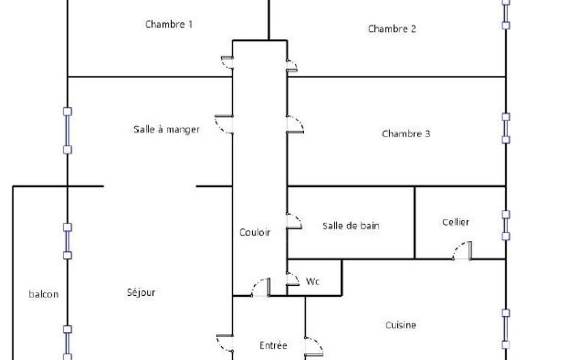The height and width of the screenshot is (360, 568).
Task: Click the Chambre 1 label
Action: tap(169, 24)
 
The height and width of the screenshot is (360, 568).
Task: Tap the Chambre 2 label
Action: tap(392, 29)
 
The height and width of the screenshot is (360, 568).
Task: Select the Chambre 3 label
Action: tap(406, 133)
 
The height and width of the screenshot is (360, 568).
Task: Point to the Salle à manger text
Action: tap(167, 129)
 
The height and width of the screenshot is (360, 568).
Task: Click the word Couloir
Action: tap(255, 232)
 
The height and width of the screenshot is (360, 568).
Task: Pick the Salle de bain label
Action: tap(351, 225)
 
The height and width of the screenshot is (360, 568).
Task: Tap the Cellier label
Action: tap(456, 222)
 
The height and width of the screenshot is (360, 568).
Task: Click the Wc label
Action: tap(313, 281)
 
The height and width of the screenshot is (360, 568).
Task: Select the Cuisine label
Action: tap(401, 325)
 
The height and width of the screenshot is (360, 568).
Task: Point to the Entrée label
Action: tap(274, 345)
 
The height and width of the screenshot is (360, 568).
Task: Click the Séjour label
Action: tap(141, 292)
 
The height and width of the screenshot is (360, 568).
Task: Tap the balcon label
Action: tap(43, 294)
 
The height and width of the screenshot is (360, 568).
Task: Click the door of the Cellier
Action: tap(462, 251)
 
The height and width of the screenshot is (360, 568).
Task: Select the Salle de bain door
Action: tap(294, 222)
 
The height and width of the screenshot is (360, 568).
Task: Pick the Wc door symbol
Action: tap(293, 279)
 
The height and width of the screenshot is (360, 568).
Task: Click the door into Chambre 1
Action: tap(228, 62)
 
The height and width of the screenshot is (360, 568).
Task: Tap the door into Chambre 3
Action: tap(295, 125)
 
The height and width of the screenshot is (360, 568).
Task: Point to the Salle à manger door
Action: tap(224, 125)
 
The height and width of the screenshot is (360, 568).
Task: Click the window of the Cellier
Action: tap(506, 225)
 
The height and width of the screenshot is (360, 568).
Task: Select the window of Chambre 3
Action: tap(506, 128)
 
